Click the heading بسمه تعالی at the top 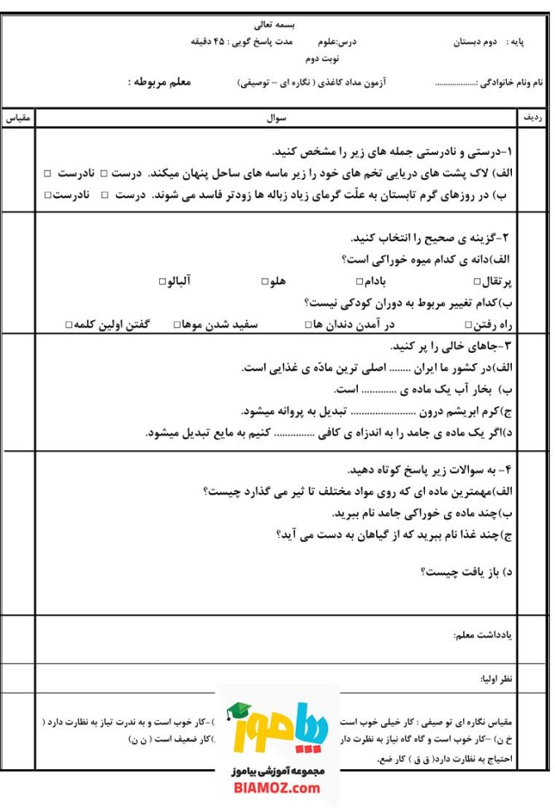277,26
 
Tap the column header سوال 276,119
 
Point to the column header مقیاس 18,119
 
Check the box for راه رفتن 470,324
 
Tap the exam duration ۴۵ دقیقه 215,41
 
